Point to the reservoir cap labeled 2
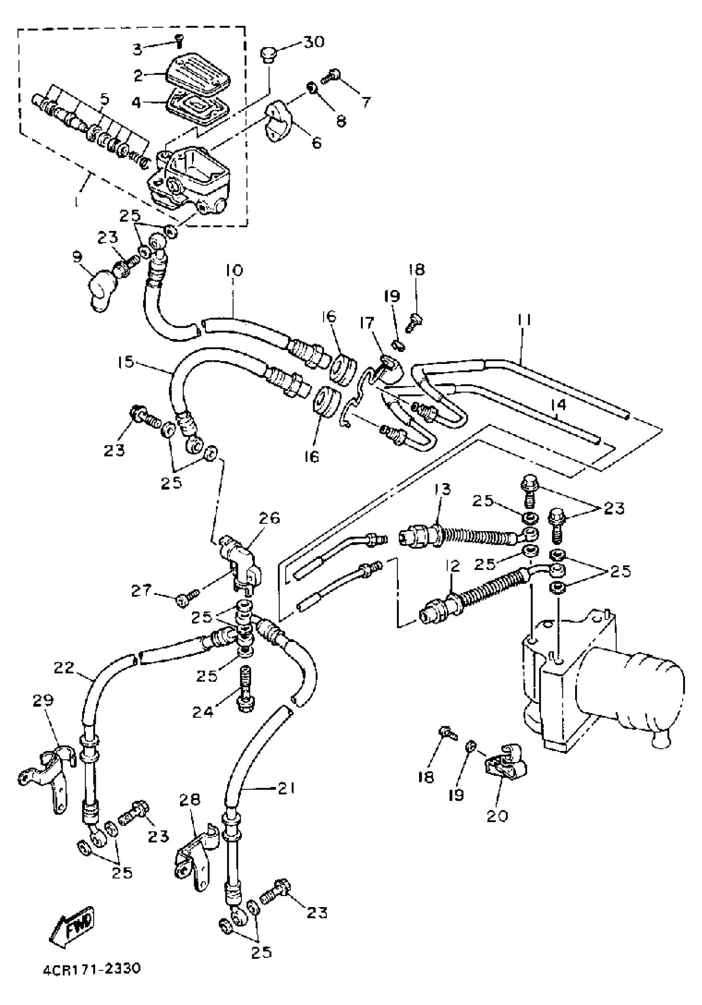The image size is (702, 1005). pos(199,74)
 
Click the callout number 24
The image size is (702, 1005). pos(203,712)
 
